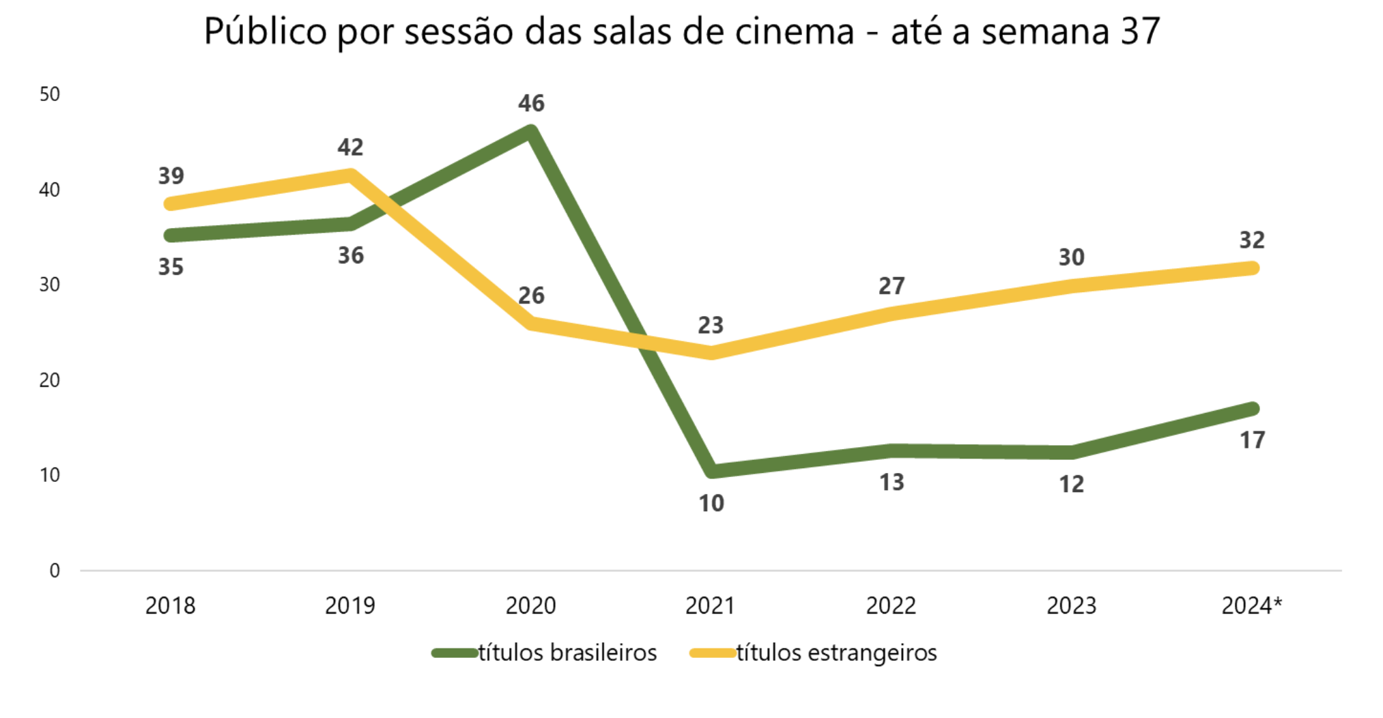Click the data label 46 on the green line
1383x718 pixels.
tap(531, 103)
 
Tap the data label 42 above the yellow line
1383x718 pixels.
tap(350, 147)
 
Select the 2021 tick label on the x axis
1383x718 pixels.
tap(710, 605)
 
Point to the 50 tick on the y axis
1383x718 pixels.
tap(50, 94)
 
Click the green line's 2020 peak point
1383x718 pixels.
tap(531, 131)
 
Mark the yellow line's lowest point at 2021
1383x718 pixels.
tap(711, 352)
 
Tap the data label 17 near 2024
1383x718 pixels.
tap(1252, 440)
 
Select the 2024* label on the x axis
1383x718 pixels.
tap(1251, 605)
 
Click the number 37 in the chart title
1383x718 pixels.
tap(1139, 31)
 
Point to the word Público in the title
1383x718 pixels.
tap(266, 31)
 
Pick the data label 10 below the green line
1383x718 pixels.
tap(711, 504)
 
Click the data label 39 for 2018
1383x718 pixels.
tap(171, 176)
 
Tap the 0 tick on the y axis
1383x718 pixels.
tap(55, 571)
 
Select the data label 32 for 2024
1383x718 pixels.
tap(1252, 240)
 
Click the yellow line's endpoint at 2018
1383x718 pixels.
tap(171, 203)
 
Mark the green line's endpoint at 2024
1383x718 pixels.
tap(1252, 409)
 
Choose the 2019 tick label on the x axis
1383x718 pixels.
tap(350, 605)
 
